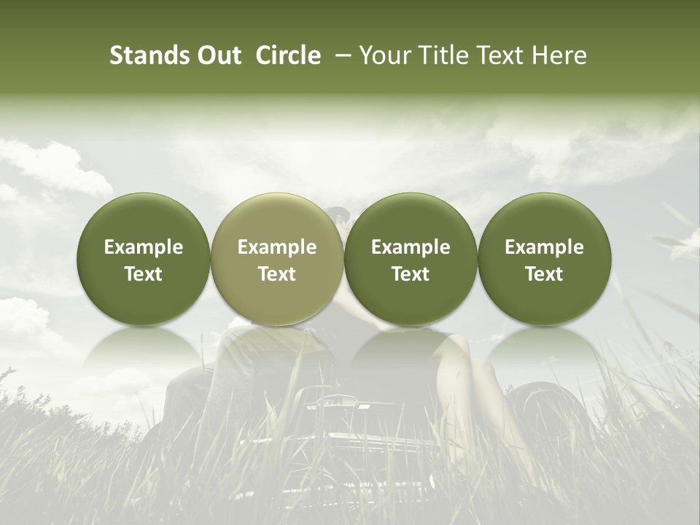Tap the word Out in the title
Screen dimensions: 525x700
coord(217,55)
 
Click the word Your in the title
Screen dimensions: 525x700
coord(384,55)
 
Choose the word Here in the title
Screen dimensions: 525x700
coord(560,55)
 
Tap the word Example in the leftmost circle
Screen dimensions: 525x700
coord(144,247)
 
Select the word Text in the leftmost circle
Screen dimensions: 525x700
coord(144,274)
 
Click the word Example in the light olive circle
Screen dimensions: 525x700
coord(277,247)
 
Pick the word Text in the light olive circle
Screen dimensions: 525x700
coord(277,274)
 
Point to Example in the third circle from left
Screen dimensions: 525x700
coord(411,247)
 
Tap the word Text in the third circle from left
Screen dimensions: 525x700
coord(411,274)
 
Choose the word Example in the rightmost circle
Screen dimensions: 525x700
coord(544,247)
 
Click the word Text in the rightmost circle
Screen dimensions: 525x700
coord(544,274)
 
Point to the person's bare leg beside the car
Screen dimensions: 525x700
coord(474,379)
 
